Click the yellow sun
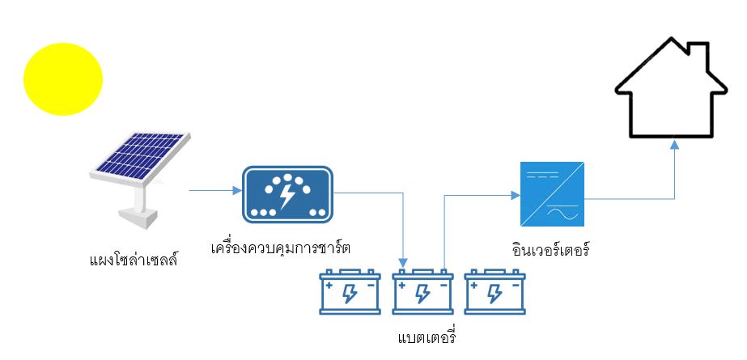pos(63,78)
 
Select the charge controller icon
pos(287,194)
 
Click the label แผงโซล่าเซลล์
pos(133,260)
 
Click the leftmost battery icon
pos(350,292)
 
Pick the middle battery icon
pos(422,292)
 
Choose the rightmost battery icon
pos(494,292)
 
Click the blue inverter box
pos(550,194)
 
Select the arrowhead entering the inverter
pos(513,195)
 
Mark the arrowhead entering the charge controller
pos(238,192)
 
